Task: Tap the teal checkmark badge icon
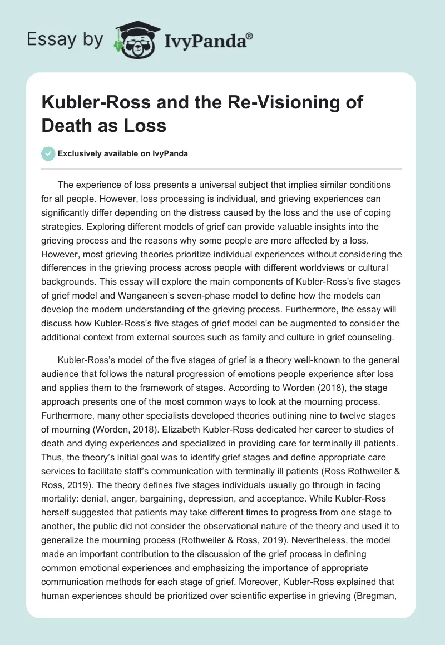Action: (x=48, y=153)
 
